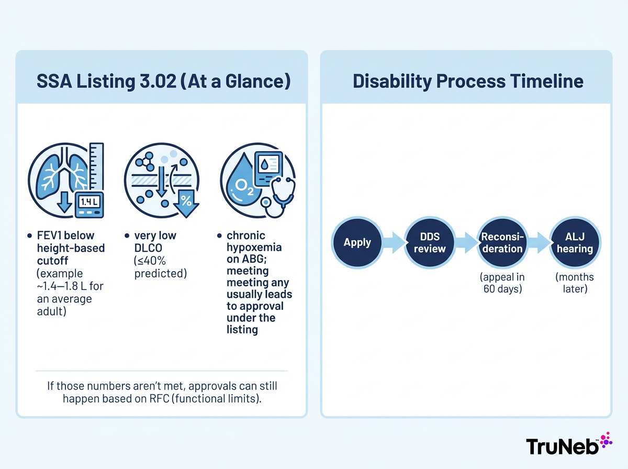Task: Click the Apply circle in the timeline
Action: tap(357, 242)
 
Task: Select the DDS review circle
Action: tap(430, 242)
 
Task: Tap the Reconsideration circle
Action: tap(502, 242)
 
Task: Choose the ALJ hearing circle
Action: tap(575, 242)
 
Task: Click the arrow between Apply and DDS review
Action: tap(394, 242)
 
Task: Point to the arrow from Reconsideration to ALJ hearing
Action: tap(539, 242)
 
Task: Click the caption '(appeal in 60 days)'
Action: tap(502, 282)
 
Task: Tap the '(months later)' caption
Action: tap(575, 282)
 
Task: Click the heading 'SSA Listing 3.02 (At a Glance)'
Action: tap(162, 82)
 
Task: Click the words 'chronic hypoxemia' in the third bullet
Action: tap(254, 241)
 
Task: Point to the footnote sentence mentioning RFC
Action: tap(162, 392)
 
